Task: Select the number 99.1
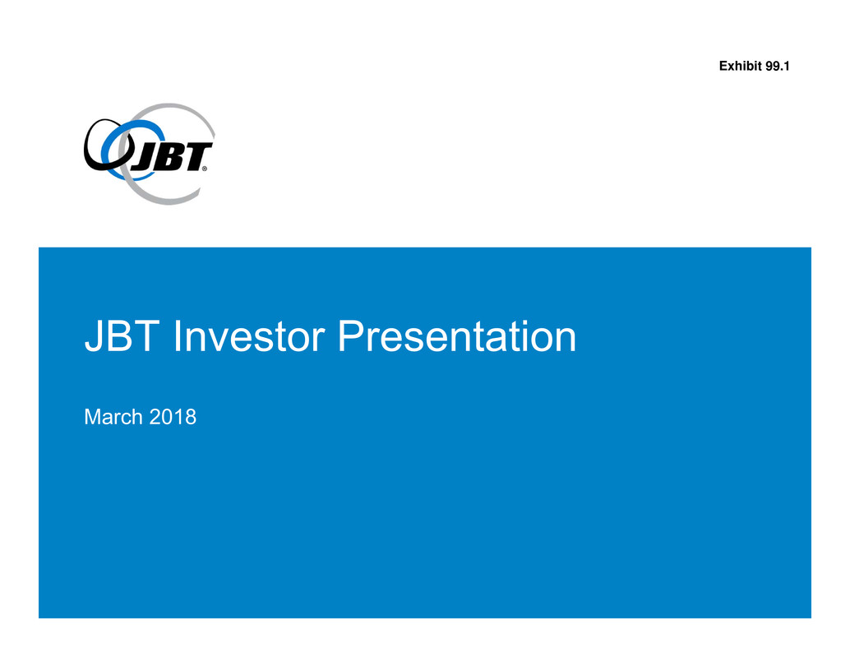click(x=778, y=66)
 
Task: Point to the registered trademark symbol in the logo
click(x=205, y=169)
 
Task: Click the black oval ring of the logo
click(x=88, y=157)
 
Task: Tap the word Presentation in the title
click(x=457, y=336)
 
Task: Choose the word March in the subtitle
click(x=113, y=417)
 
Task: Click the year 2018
click(x=173, y=417)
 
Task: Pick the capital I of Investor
click(x=178, y=336)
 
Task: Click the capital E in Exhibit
click(x=723, y=66)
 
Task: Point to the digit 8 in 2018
click(x=191, y=417)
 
